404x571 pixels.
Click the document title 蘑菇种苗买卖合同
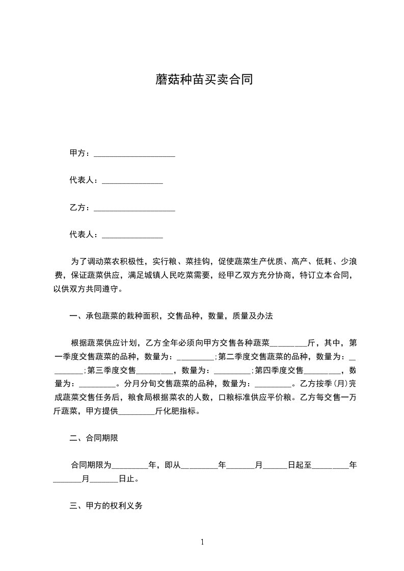(x=204, y=80)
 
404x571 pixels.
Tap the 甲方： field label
(x=79, y=153)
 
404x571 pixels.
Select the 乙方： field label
(x=79, y=208)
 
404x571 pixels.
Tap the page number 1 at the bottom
(x=202, y=542)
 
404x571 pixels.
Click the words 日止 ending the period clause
(x=127, y=479)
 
